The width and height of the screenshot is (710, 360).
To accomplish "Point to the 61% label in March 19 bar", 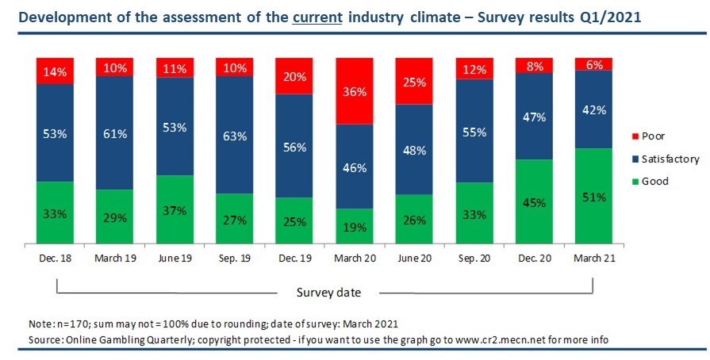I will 115,133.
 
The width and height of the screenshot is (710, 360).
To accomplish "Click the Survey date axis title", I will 328,293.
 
